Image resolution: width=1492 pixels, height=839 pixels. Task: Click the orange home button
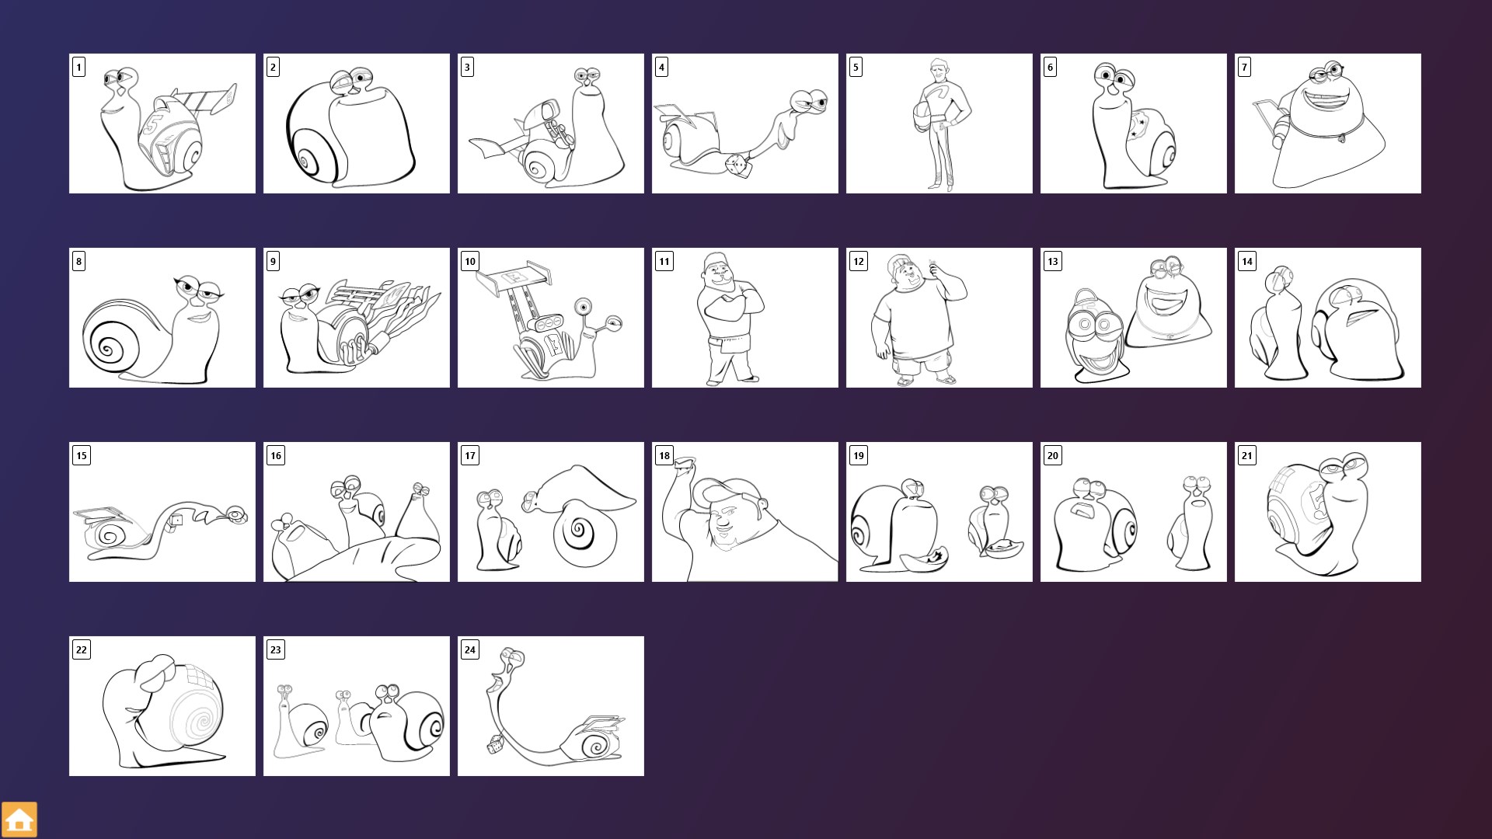[19, 820]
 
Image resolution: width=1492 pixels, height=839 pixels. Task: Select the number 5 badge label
[856, 67]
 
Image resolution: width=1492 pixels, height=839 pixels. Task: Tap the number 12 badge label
[859, 261]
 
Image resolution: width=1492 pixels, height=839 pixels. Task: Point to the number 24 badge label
[470, 649]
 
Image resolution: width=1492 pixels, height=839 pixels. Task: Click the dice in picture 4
[735, 165]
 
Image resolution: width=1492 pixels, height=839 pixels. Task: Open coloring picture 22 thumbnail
[162, 706]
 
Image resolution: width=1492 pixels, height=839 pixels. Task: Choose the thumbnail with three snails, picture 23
[357, 706]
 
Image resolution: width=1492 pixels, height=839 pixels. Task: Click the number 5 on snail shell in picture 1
[154, 124]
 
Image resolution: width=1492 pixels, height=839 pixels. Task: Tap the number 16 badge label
[276, 455]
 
